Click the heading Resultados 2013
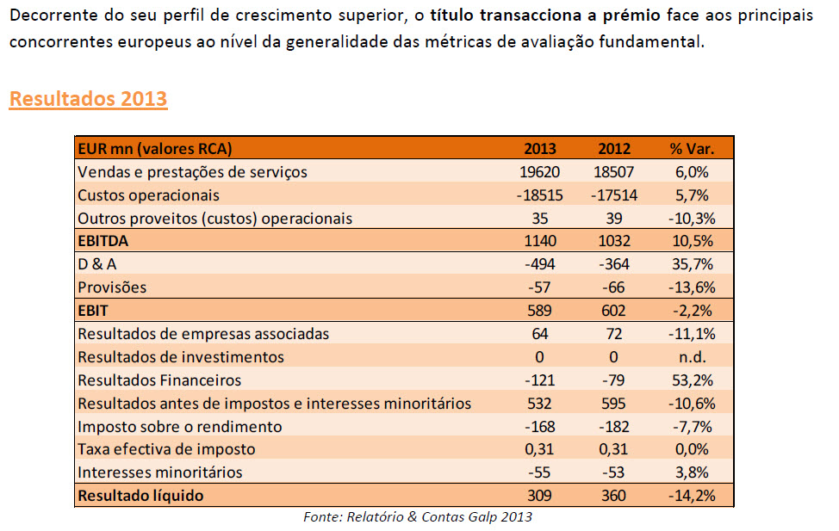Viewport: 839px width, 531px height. (x=88, y=98)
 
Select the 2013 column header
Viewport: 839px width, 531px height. (x=540, y=148)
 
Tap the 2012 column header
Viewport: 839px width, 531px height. (x=614, y=148)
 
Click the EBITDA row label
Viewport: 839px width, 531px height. (x=103, y=241)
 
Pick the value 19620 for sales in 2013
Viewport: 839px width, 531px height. (x=540, y=171)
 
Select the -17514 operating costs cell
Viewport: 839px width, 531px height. (x=614, y=194)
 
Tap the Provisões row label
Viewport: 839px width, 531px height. (x=112, y=287)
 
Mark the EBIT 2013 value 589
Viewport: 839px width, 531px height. (x=540, y=311)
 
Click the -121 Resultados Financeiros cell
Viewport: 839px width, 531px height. (x=540, y=380)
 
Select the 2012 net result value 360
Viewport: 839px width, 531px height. (x=614, y=495)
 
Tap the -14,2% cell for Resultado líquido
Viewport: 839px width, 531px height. (x=692, y=495)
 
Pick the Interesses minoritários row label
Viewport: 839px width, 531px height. (x=159, y=472)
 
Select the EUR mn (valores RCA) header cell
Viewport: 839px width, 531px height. (x=155, y=148)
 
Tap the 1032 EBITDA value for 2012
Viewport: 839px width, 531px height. (x=614, y=241)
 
